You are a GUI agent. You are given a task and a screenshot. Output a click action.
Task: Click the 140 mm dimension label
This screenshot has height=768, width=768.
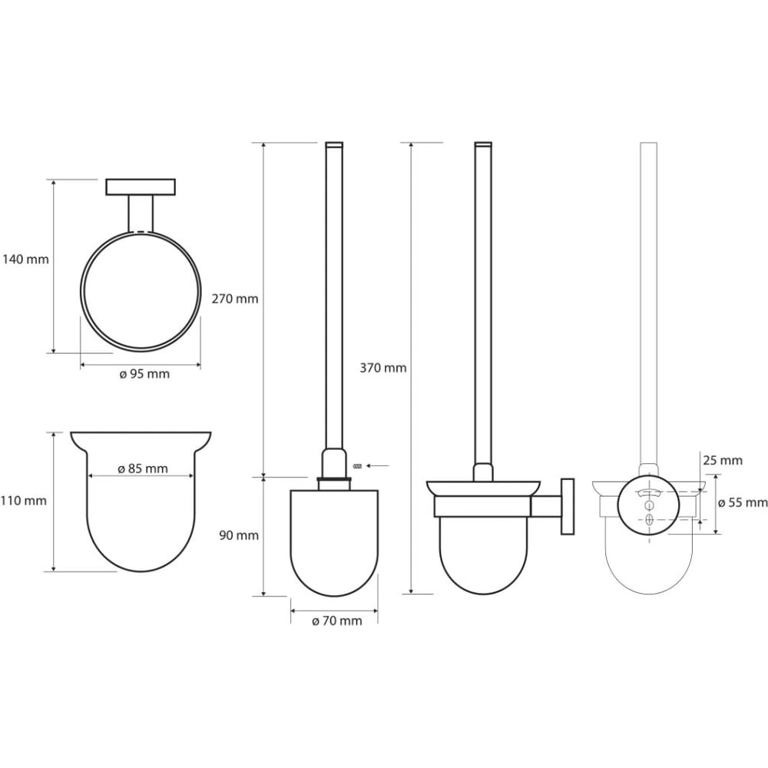coord(26,259)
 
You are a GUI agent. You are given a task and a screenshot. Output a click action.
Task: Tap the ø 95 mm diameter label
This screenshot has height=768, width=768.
coord(144,374)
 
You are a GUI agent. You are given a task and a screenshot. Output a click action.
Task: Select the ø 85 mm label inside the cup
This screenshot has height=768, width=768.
coord(143,468)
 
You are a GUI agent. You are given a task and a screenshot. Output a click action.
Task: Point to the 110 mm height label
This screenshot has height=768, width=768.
coord(24,501)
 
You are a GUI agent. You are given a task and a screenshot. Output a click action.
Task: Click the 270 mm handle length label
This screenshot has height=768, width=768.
coord(235,299)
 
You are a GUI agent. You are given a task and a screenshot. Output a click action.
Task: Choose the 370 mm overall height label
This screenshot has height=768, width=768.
coord(383,368)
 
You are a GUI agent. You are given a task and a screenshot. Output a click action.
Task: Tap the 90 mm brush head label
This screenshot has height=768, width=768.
coord(239,535)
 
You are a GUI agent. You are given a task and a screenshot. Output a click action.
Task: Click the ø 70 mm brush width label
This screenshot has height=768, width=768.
coord(337,621)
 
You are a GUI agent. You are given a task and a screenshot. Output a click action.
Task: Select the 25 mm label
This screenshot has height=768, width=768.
coord(723,460)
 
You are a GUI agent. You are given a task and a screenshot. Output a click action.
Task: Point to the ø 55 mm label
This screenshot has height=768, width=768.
coord(743,502)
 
